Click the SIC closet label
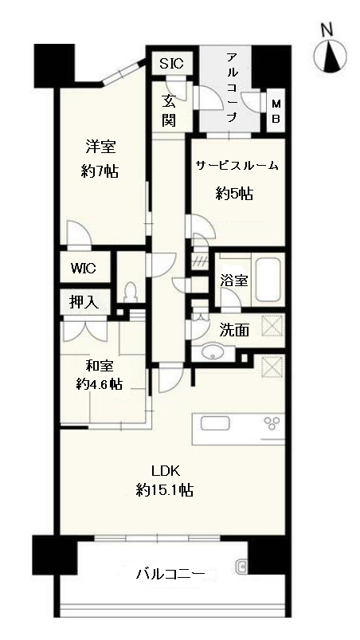pyautogui.click(x=171, y=64)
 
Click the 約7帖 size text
pyautogui.click(x=100, y=171)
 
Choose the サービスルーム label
pyautogui.click(x=237, y=166)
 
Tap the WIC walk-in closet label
pyautogui.click(x=83, y=268)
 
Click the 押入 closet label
pyautogui.click(x=84, y=301)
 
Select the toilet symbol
pyautogui.click(x=131, y=291)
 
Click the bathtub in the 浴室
pyautogui.click(x=268, y=280)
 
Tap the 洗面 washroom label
pyautogui.click(x=234, y=329)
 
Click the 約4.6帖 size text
pyautogui.click(x=100, y=383)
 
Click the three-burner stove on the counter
pyautogui.click(x=273, y=423)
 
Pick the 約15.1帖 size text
pyautogui.click(x=165, y=490)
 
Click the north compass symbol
pyautogui.click(x=331, y=56)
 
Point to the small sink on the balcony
pyautogui.click(x=241, y=567)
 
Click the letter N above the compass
pyautogui.click(x=327, y=29)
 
